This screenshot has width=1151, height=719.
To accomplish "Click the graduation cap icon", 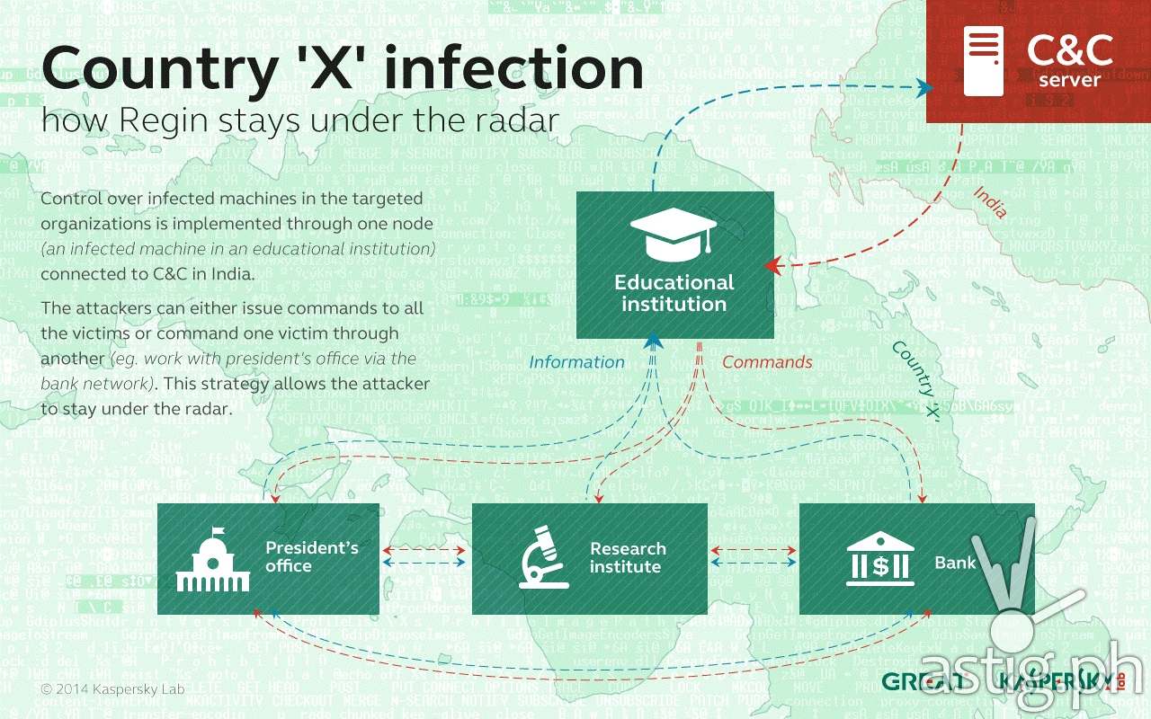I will [x=674, y=232].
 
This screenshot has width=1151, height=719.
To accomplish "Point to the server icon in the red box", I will [x=982, y=61].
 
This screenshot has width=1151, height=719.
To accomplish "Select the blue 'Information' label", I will [x=576, y=362].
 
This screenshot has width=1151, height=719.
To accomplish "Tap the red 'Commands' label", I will [x=767, y=362].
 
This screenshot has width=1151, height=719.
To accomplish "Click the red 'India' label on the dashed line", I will [x=989, y=201].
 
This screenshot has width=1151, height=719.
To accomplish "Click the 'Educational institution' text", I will [x=674, y=293].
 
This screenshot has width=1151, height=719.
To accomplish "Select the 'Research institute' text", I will [x=627, y=558].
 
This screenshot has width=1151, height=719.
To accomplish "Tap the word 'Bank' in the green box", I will [x=955, y=564].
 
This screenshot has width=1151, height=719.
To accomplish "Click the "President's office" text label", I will [x=311, y=557].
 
